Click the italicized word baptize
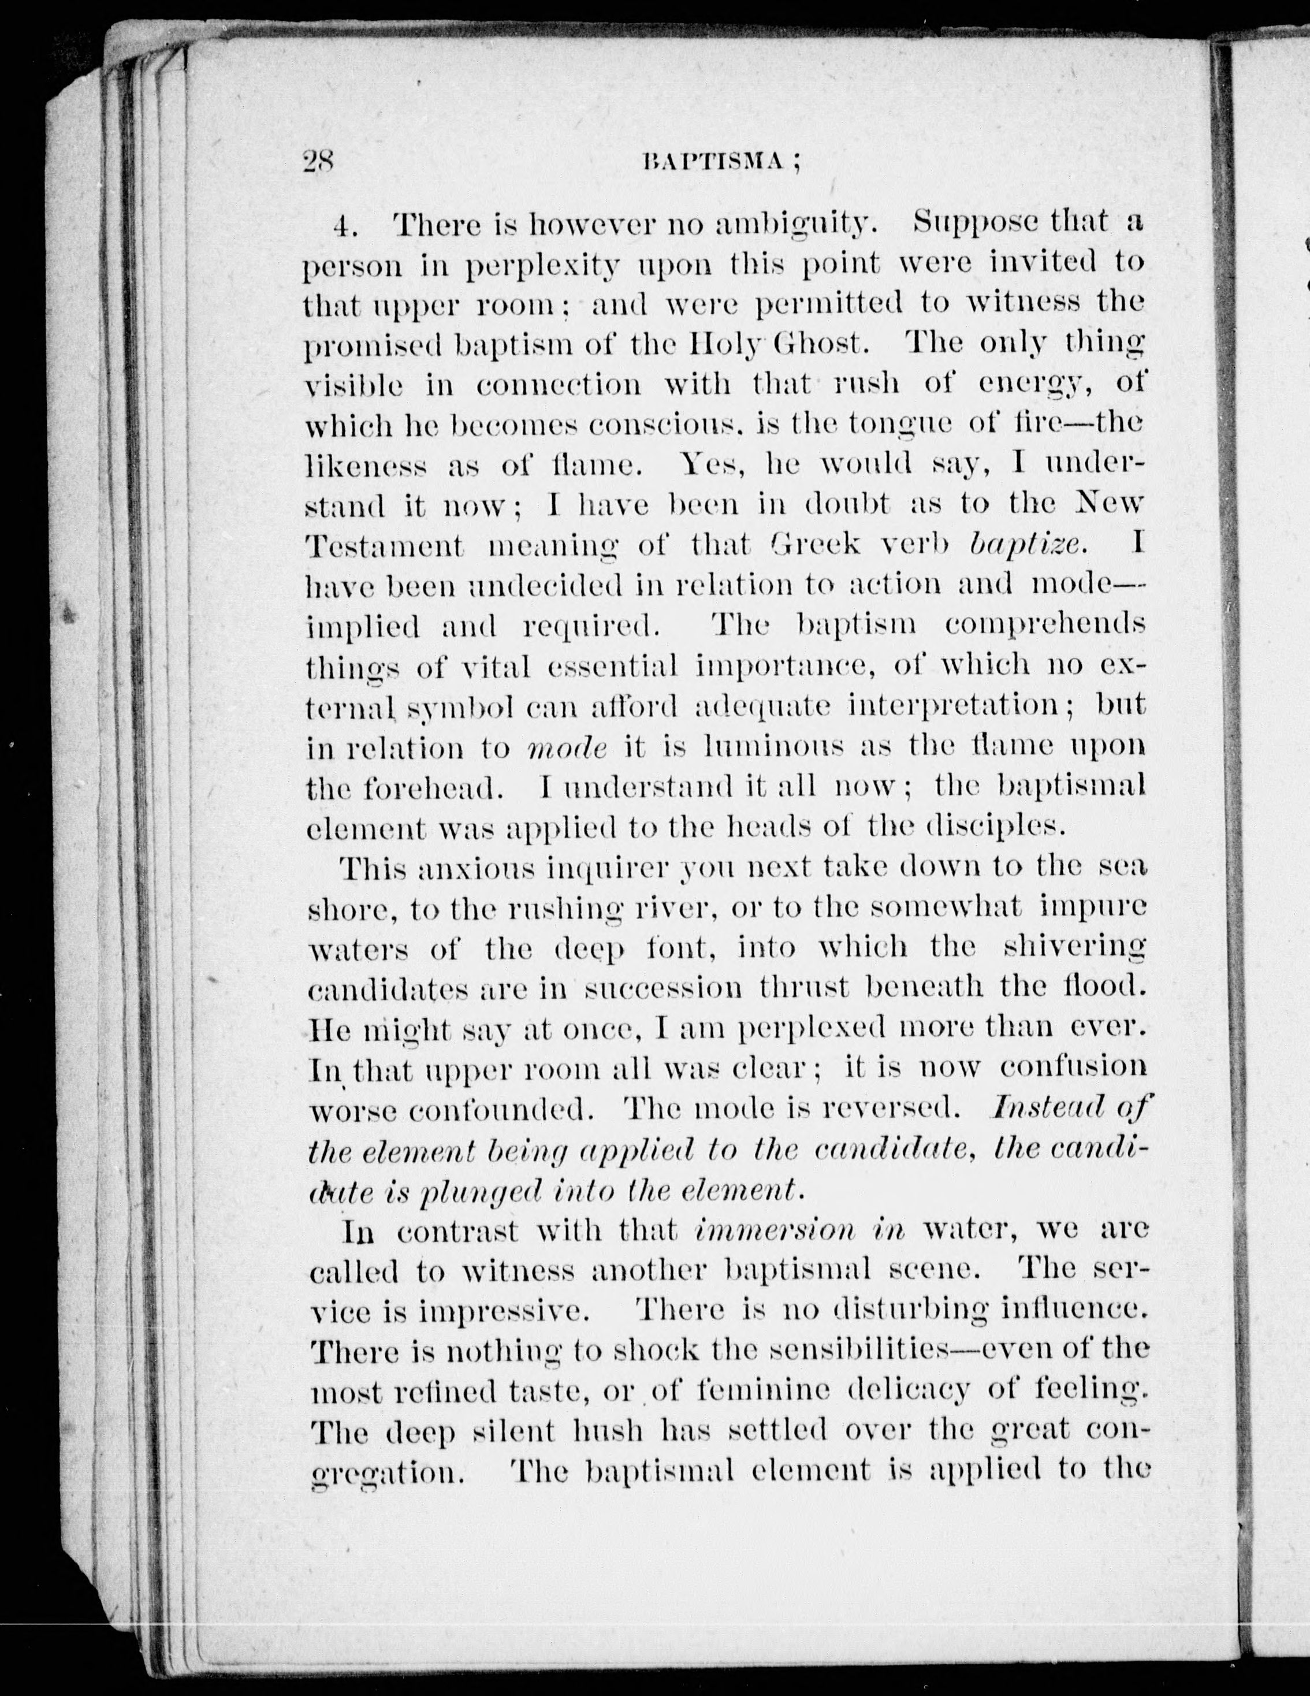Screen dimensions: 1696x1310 1026,545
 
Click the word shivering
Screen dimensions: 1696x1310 1075,949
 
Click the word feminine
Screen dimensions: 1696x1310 764,1390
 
